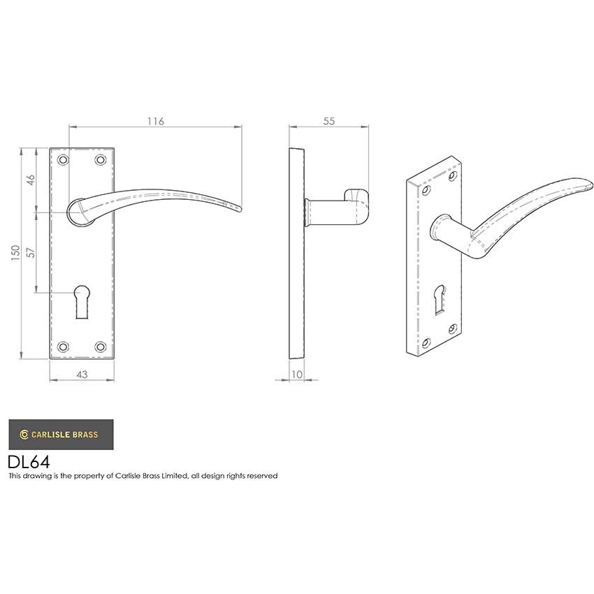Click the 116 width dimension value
155,121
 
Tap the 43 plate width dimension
82,375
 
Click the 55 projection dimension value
329,121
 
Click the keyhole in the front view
82,296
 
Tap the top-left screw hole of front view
64,160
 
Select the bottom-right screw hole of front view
100,346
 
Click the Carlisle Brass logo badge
60,434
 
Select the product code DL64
29,461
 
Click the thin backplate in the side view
296,254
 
